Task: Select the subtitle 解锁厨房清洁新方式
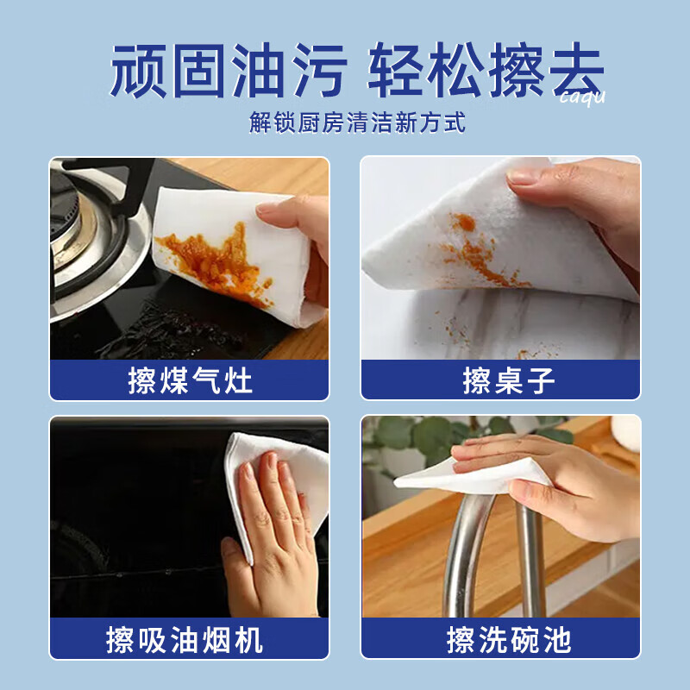[x=357, y=122]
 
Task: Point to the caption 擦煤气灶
[x=190, y=380]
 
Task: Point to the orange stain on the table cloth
[x=474, y=250]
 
